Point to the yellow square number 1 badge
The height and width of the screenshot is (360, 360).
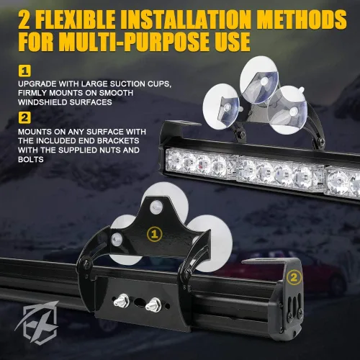(x=24, y=71)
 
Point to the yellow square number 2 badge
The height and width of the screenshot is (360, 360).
(x=24, y=118)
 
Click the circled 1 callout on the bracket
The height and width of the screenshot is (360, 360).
(x=154, y=234)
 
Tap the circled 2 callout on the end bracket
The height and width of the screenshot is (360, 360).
(x=294, y=278)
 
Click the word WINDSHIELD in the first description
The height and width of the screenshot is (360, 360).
(x=42, y=102)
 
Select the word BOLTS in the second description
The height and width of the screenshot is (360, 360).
(x=31, y=159)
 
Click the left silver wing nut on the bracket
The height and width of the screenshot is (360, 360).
(x=120, y=301)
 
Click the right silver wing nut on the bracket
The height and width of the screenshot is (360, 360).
(x=153, y=305)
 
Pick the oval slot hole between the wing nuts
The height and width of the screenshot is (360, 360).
(x=138, y=302)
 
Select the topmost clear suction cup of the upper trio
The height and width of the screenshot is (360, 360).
(x=259, y=80)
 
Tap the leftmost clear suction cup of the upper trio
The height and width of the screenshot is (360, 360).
(x=221, y=107)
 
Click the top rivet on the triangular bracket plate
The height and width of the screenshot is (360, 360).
(x=156, y=207)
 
